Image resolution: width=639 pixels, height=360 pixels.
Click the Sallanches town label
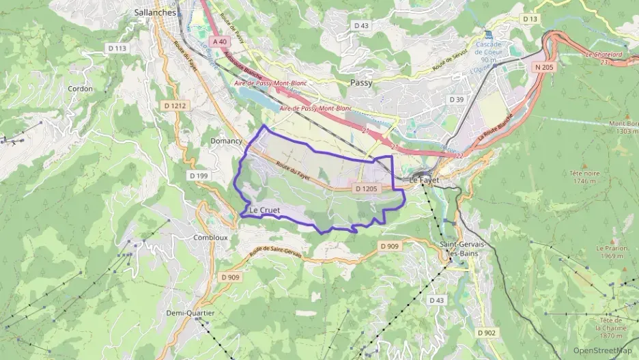click(x=155, y=12)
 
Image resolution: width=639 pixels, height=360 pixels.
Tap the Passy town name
click(x=361, y=82)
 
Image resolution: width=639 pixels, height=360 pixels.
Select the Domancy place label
click(x=226, y=139)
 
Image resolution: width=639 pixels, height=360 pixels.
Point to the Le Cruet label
click(x=265, y=209)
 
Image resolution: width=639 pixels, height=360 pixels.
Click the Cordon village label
click(x=81, y=89)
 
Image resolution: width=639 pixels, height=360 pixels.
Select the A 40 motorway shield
click(x=219, y=42)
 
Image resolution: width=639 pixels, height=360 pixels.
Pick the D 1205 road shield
click(x=367, y=188)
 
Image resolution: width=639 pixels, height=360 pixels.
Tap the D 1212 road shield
click(x=175, y=105)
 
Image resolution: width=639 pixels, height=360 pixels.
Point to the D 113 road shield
click(x=117, y=48)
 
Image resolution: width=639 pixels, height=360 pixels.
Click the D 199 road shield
click(x=198, y=176)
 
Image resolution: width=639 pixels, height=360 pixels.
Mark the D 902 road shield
click(x=486, y=332)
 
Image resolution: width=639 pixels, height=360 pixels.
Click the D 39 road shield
click(x=456, y=100)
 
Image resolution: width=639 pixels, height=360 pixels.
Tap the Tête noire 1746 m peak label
click(x=584, y=177)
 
